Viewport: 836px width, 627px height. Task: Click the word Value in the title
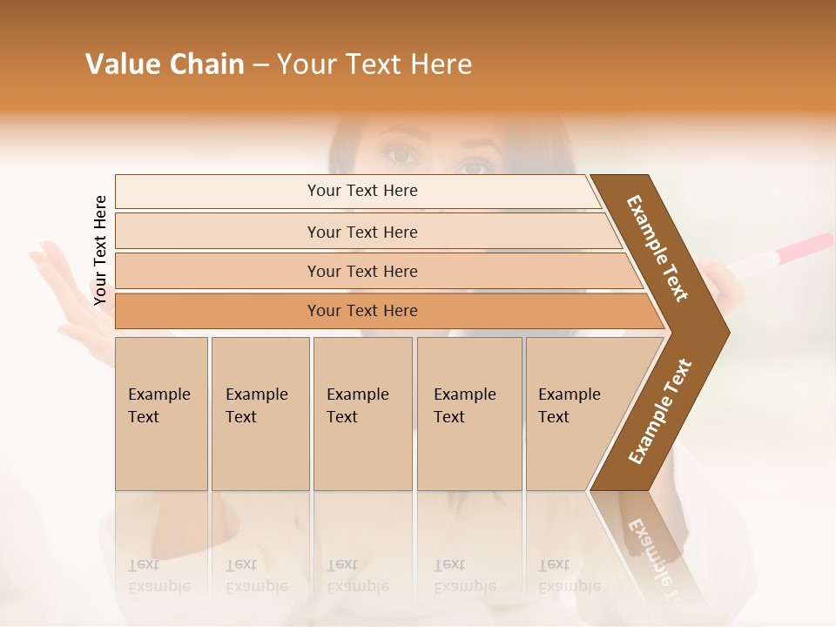[x=121, y=64]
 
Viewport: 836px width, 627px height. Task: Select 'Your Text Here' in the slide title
[x=374, y=64]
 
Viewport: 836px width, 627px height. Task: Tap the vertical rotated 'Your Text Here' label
[x=100, y=250]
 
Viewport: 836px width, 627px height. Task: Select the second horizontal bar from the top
[x=362, y=232]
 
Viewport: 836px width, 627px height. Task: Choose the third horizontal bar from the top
[x=362, y=271]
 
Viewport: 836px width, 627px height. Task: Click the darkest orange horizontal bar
[x=362, y=311]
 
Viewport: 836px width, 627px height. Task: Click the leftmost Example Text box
[x=161, y=414]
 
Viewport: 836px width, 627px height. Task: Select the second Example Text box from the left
[x=260, y=414]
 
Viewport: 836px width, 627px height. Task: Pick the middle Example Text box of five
[x=362, y=414]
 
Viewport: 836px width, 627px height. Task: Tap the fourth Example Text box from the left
[x=469, y=414]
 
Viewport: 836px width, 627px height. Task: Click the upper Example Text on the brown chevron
[x=658, y=248]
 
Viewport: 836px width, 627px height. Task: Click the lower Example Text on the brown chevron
[x=660, y=412]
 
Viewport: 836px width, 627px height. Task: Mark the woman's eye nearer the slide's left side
[x=401, y=156]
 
